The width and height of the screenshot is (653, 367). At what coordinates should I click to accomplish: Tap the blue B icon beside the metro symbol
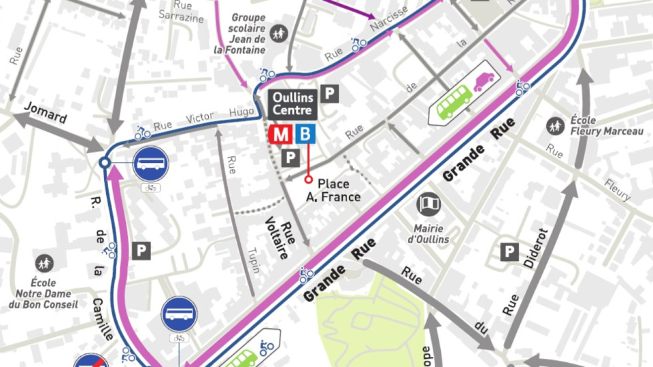click(305, 134)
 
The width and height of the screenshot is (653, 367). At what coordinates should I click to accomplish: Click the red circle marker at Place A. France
click(308, 180)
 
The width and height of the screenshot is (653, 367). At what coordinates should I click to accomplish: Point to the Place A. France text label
click(339, 190)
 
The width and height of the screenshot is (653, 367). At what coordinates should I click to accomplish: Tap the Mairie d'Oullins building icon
click(429, 204)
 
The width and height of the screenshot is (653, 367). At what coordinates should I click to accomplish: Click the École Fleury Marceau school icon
click(555, 125)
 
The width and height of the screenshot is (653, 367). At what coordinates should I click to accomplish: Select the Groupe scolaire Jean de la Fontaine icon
click(278, 32)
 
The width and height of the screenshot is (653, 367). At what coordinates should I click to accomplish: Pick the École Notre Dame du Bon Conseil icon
click(44, 262)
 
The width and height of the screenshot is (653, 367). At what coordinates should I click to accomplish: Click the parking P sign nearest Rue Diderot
click(509, 252)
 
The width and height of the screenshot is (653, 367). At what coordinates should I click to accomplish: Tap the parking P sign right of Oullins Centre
click(330, 94)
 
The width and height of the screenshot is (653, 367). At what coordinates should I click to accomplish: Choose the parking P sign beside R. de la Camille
click(141, 251)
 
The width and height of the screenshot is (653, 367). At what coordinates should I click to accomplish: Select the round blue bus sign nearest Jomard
click(150, 163)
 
